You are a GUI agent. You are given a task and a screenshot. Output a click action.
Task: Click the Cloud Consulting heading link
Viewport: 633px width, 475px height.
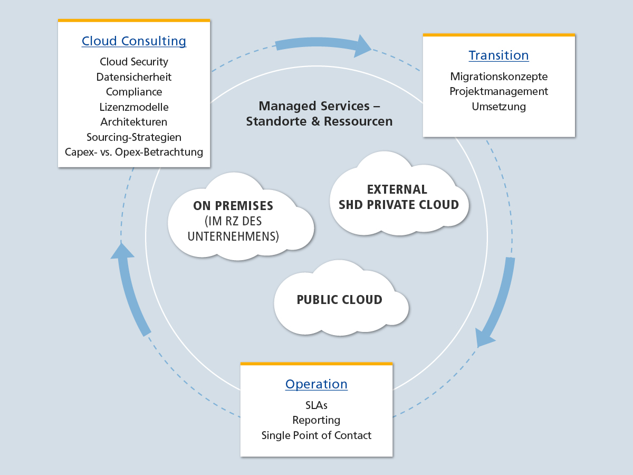tap(133, 41)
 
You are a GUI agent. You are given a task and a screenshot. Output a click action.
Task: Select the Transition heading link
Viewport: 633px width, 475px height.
tap(498, 55)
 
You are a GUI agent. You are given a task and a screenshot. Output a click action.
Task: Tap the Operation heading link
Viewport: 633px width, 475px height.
tap(316, 384)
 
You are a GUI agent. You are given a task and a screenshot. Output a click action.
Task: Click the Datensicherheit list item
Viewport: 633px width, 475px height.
tap(133, 77)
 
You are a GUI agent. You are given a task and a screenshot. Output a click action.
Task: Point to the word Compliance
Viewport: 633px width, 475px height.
tap(133, 92)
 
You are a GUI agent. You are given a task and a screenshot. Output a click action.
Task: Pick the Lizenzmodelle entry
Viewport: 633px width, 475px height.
tap(133, 107)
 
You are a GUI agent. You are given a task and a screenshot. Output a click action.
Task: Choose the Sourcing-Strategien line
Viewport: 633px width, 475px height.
tap(133, 137)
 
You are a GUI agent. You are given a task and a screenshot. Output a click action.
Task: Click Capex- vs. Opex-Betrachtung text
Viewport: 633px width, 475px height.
tap(133, 152)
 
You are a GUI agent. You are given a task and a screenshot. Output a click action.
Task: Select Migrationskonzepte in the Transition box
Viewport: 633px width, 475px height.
tap(498, 77)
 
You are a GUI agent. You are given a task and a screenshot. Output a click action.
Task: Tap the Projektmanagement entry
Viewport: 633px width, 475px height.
tap(498, 91)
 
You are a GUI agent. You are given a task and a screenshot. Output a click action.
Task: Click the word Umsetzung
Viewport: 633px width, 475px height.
tap(498, 107)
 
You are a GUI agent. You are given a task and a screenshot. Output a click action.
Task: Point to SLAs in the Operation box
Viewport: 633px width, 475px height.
tap(316, 405)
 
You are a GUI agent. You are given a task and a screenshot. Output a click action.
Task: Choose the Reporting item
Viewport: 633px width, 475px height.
tap(316, 420)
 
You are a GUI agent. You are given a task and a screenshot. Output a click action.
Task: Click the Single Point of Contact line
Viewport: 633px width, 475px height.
tap(316, 435)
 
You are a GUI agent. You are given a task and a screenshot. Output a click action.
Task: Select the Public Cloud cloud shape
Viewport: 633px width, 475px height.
tap(339, 300)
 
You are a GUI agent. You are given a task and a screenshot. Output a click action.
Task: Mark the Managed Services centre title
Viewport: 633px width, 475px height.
tap(319, 113)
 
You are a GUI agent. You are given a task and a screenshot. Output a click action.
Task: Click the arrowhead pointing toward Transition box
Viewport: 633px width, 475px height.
tap(362, 46)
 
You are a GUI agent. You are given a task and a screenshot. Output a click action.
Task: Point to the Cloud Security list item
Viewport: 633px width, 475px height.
tap(133, 62)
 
